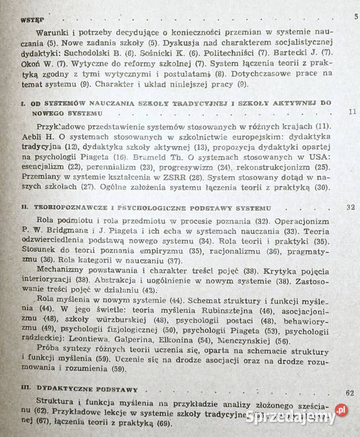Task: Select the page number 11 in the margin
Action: point(352,112)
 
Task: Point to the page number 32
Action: point(349,207)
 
